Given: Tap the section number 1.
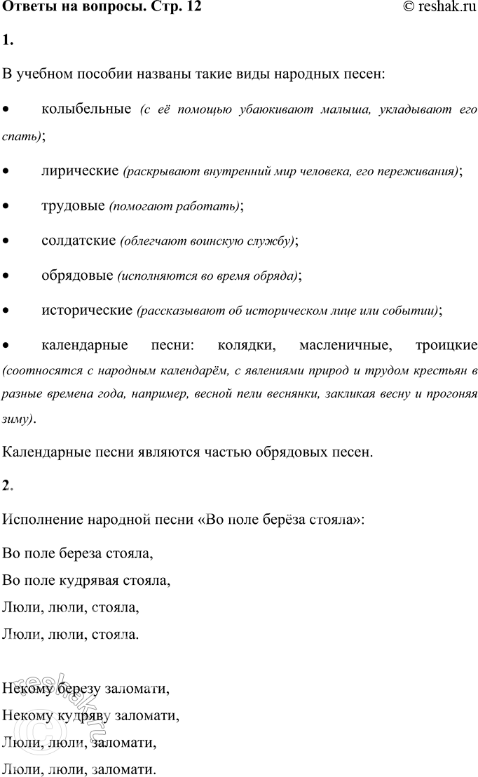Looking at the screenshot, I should pos(7,41).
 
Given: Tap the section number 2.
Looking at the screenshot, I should pos(7,486).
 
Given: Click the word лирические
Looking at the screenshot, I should pos(79,170).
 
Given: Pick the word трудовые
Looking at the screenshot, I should pos(73,205).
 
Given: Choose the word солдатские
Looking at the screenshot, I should pos(78,241).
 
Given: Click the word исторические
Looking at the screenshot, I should pos(87,309).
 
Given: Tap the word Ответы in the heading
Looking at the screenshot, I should pos(26,8).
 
